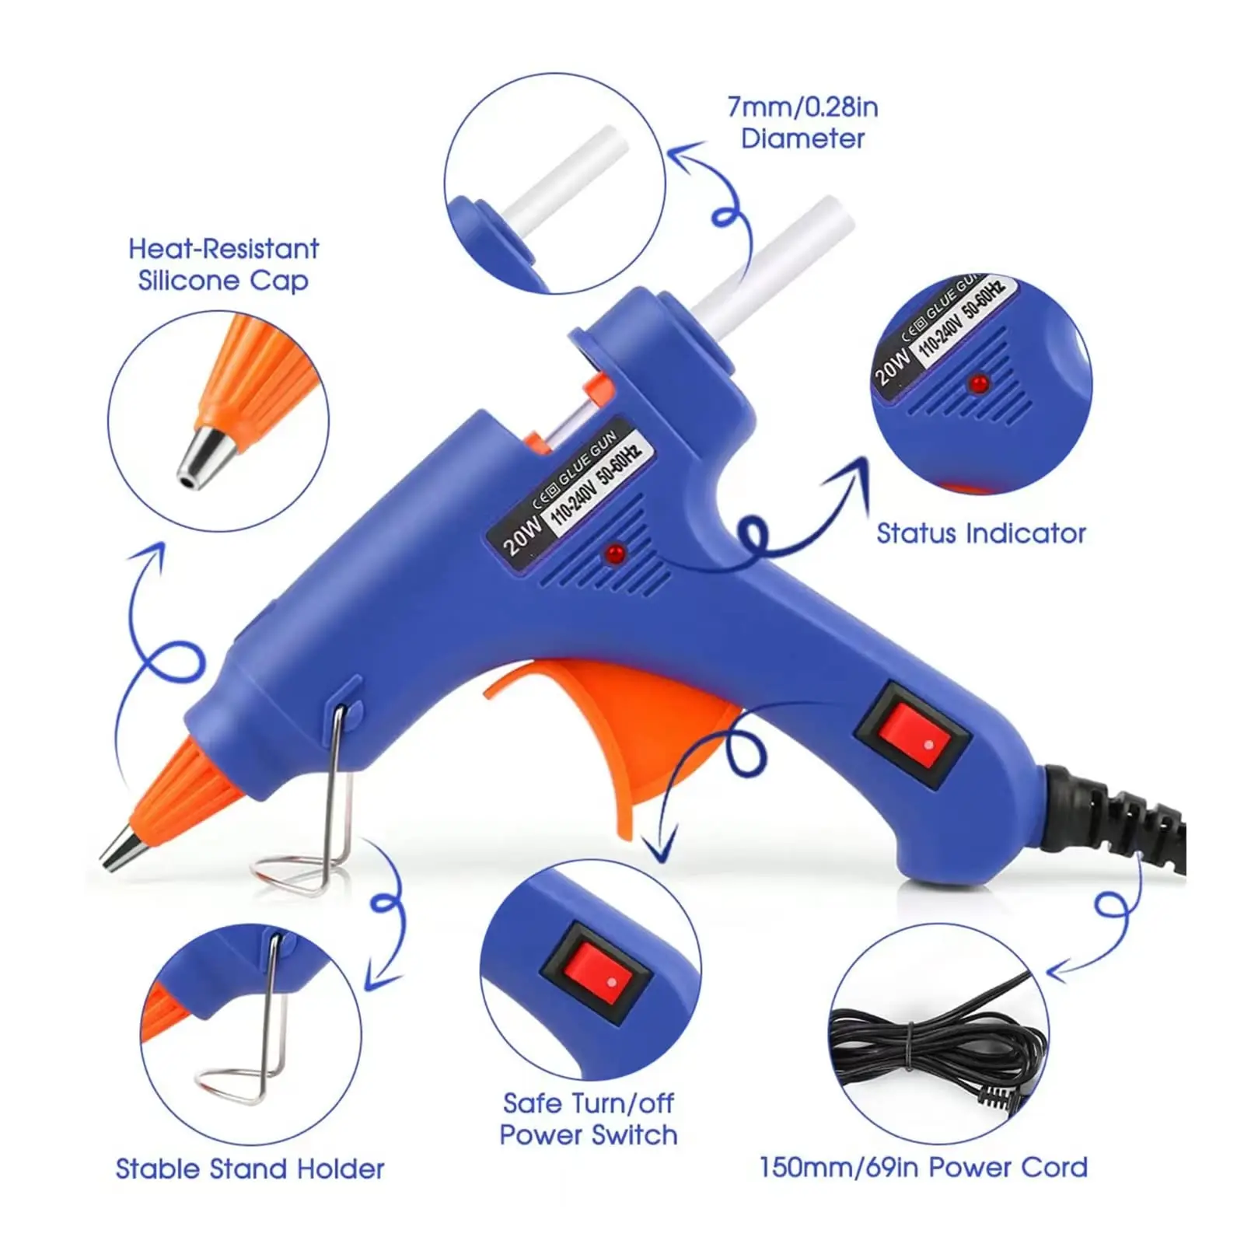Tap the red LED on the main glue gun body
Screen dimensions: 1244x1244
[x=616, y=554]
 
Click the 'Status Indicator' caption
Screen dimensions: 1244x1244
[x=980, y=533]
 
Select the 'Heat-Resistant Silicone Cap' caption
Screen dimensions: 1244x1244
[x=223, y=264]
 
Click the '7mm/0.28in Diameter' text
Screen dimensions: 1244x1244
[x=802, y=123]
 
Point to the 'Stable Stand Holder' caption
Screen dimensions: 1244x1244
[x=250, y=1169]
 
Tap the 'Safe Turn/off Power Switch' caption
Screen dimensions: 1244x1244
[x=588, y=1119]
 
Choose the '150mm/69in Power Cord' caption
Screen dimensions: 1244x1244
[x=923, y=1167]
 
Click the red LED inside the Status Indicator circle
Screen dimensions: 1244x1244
[x=979, y=383]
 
